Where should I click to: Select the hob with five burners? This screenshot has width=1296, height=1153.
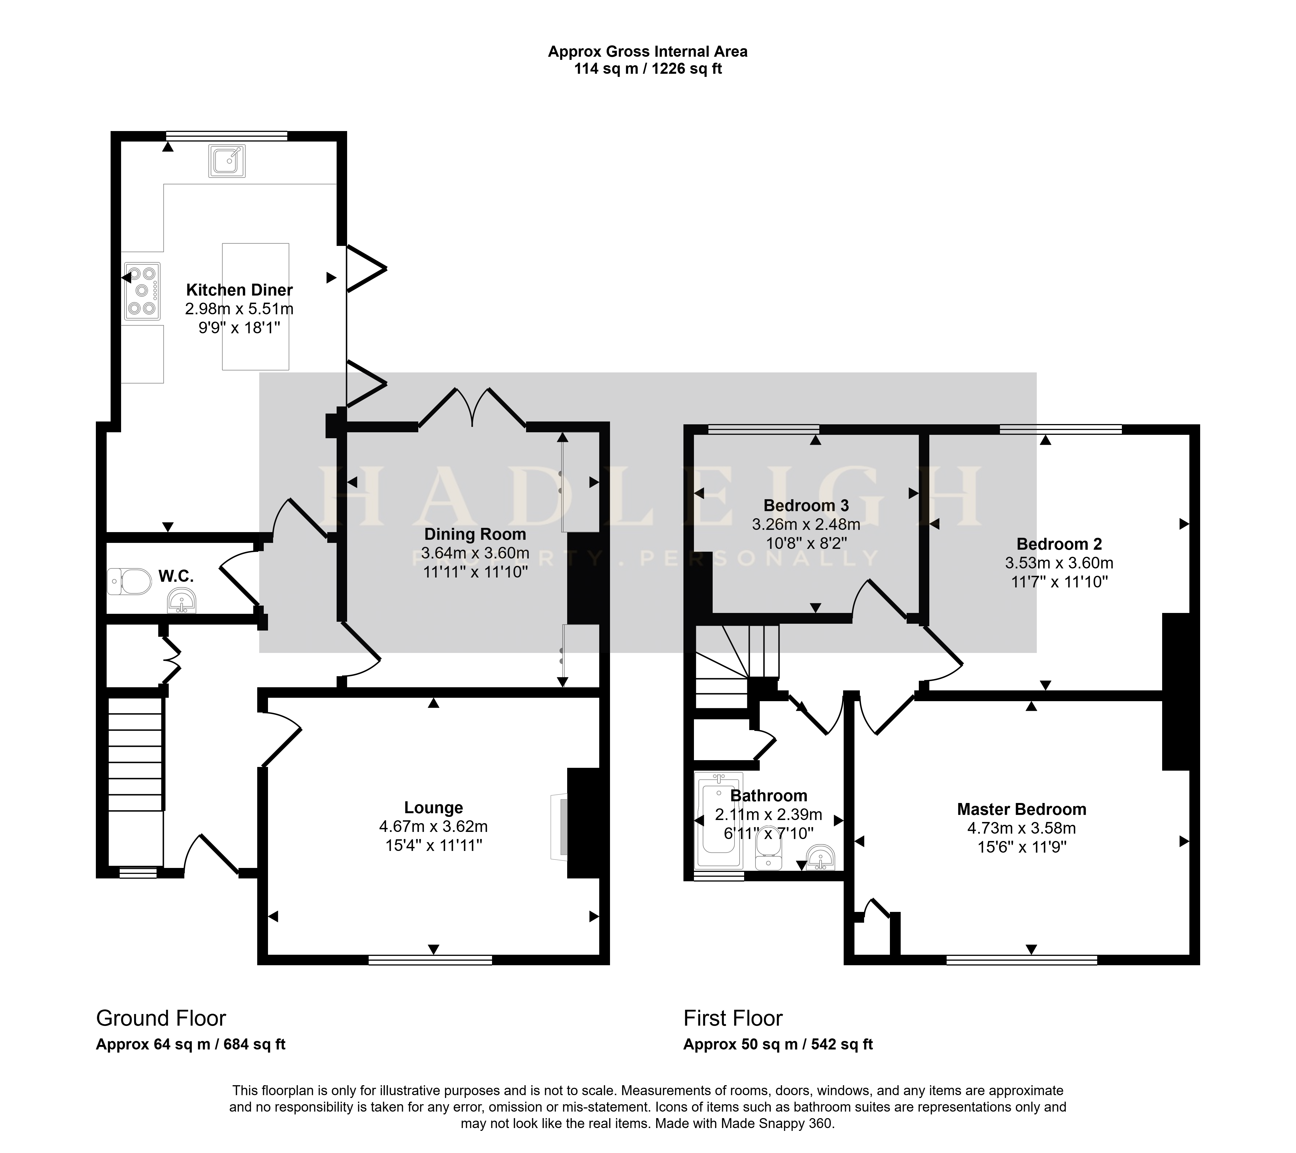(142, 291)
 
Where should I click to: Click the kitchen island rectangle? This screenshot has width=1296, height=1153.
(256, 306)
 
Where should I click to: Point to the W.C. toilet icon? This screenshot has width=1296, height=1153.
(129, 581)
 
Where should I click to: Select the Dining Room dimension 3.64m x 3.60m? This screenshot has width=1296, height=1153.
(475, 553)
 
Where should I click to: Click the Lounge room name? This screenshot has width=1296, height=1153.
(434, 807)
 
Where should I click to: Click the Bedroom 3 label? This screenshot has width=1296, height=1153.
(806, 505)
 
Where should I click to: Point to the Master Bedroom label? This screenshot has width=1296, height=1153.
(1021, 809)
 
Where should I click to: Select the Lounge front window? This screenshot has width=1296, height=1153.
(430, 960)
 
